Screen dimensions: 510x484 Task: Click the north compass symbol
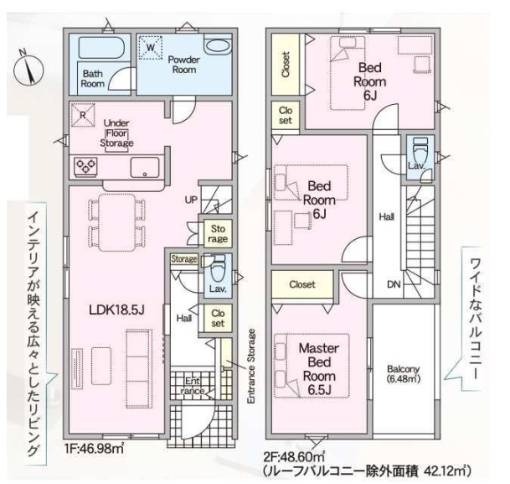[x=28, y=69]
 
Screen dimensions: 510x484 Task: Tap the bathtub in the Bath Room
[x=100, y=48]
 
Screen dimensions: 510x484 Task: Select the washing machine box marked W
[x=150, y=48]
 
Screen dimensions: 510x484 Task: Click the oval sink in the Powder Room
[x=218, y=45]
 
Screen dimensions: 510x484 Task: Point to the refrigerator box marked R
[x=83, y=115]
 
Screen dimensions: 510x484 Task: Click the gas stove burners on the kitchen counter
[x=86, y=166]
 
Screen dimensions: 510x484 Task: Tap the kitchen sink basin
[x=145, y=168]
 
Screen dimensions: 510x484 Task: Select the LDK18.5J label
[x=116, y=310]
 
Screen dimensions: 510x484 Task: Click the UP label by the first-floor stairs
[x=191, y=200]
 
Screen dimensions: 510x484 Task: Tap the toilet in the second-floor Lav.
[x=420, y=148]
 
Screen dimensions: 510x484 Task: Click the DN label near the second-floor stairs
[x=394, y=284]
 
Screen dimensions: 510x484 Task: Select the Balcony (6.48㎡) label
[x=404, y=373]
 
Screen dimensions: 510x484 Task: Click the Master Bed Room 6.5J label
[x=319, y=369]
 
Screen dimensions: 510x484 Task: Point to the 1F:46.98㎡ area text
[x=94, y=449]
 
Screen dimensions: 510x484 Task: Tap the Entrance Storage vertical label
[x=251, y=367]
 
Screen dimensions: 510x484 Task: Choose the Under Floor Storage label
[x=116, y=133]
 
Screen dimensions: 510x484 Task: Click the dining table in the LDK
[x=116, y=223]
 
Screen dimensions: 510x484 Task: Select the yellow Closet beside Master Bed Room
[x=302, y=284]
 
